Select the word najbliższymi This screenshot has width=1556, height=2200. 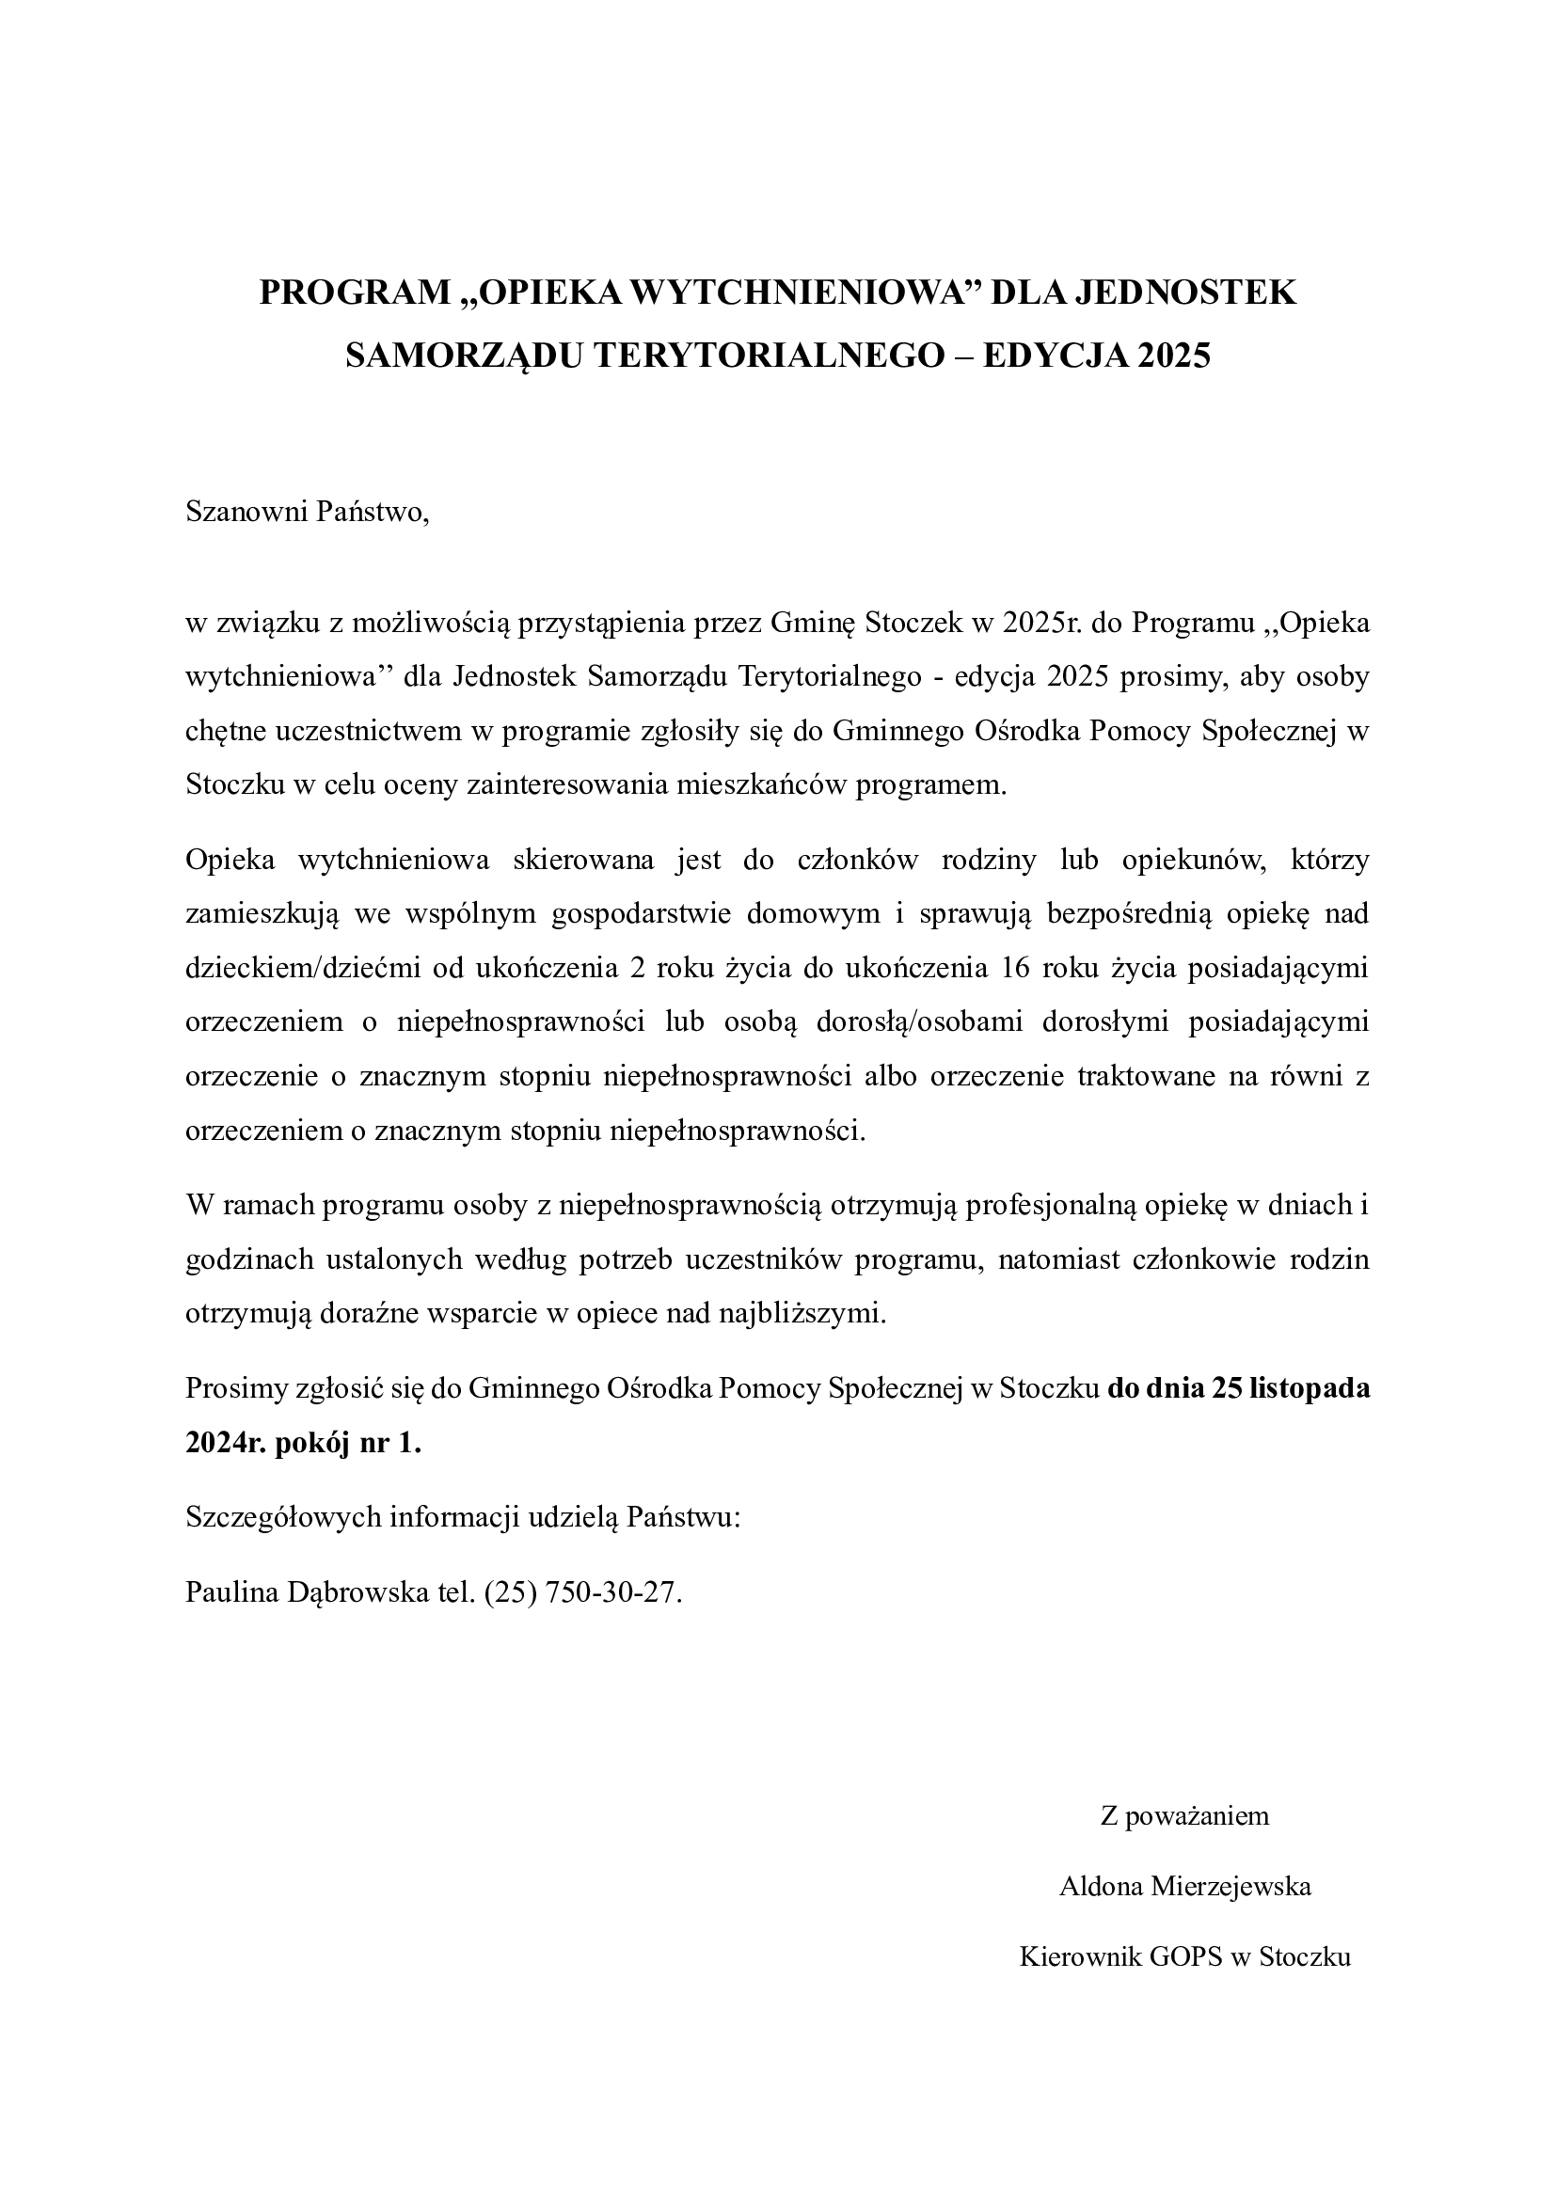tap(802, 1314)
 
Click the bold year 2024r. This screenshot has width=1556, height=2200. tap(224, 1443)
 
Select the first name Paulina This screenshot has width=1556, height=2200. tap(230, 1592)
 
